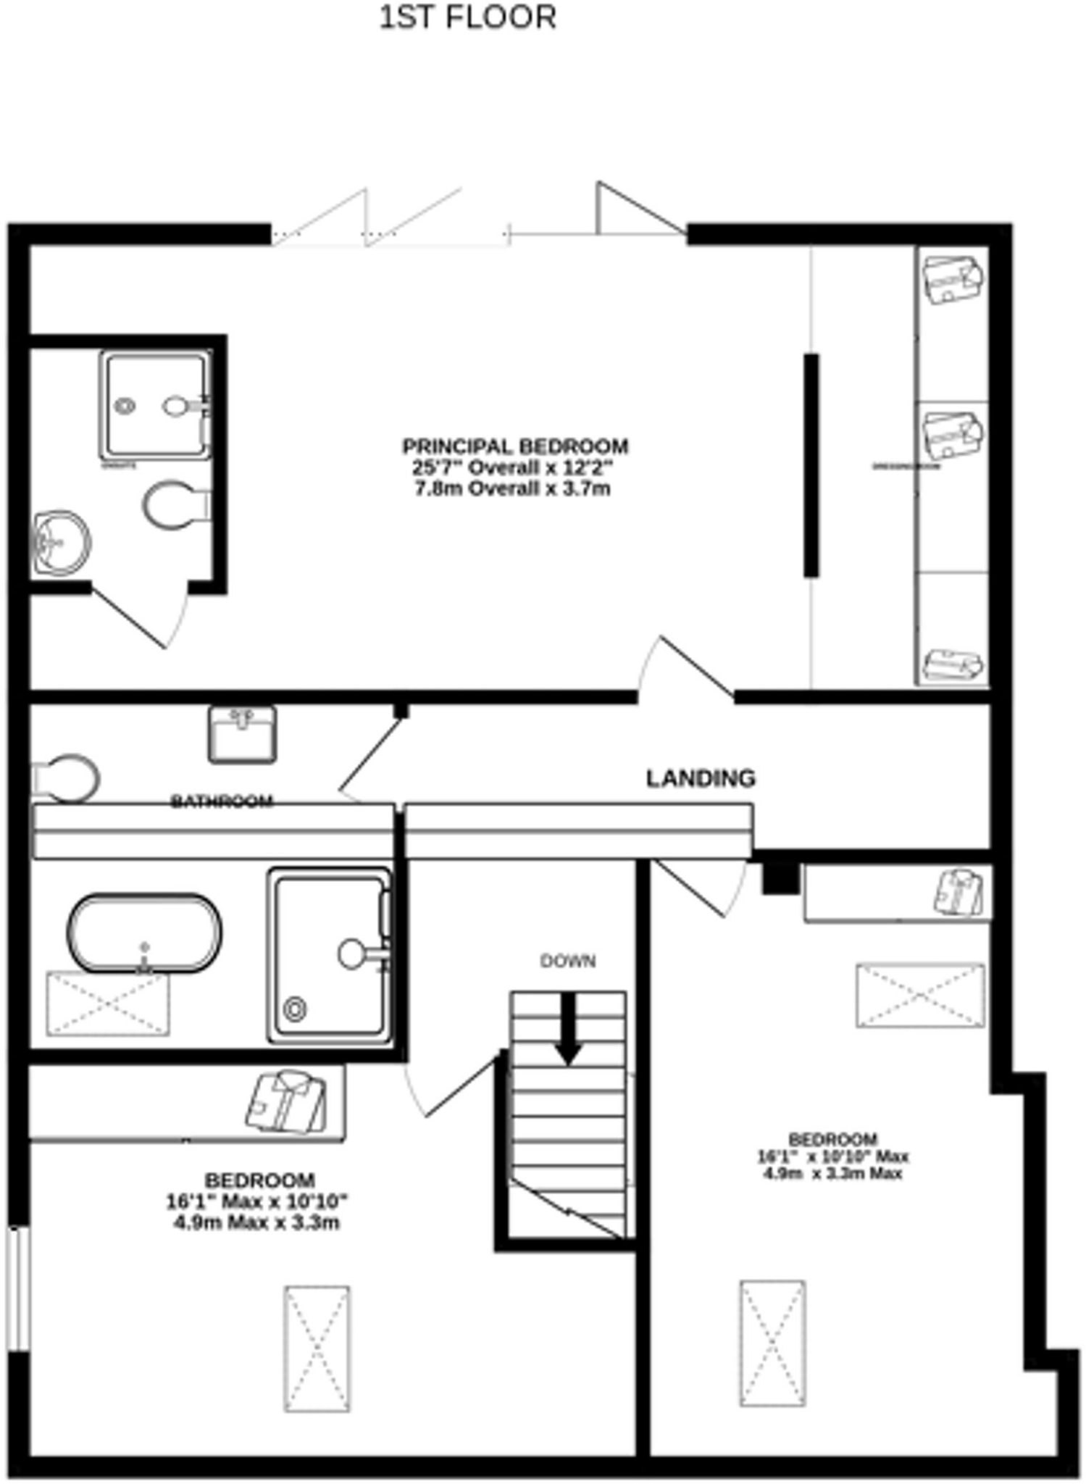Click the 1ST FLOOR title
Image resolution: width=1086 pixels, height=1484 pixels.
pyautogui.click(x=468, y=17)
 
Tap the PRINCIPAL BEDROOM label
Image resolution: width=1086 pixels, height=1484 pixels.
pyautogui.click(x=515, y=446)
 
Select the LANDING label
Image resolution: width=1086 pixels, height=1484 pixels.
pyautogui.click(x=701, y=778)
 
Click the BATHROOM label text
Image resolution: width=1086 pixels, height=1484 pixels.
pyautogui.click(x=222, y=801)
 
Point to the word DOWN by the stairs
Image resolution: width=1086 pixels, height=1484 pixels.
pyautogui.click(x=568, y=961)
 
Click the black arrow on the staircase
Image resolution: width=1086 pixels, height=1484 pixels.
pyautogui.click(x=569, y=1028)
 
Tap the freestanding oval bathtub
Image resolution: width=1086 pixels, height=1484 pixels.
pyautogui.click(x=145, y=933)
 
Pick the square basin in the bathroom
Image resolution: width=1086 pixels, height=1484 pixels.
pyautogui.click(x=242, y=734)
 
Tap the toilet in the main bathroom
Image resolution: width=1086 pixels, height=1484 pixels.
pyautogui.click(x=67, y=779)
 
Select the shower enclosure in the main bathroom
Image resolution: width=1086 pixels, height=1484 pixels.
pyautogui.click(x=330, y=955)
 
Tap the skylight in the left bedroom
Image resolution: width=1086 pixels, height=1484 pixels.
pyautogui.click(x=317, y=1348)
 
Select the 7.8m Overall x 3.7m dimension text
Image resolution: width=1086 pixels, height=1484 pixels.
pyautogui.click(x=512, y=488)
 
